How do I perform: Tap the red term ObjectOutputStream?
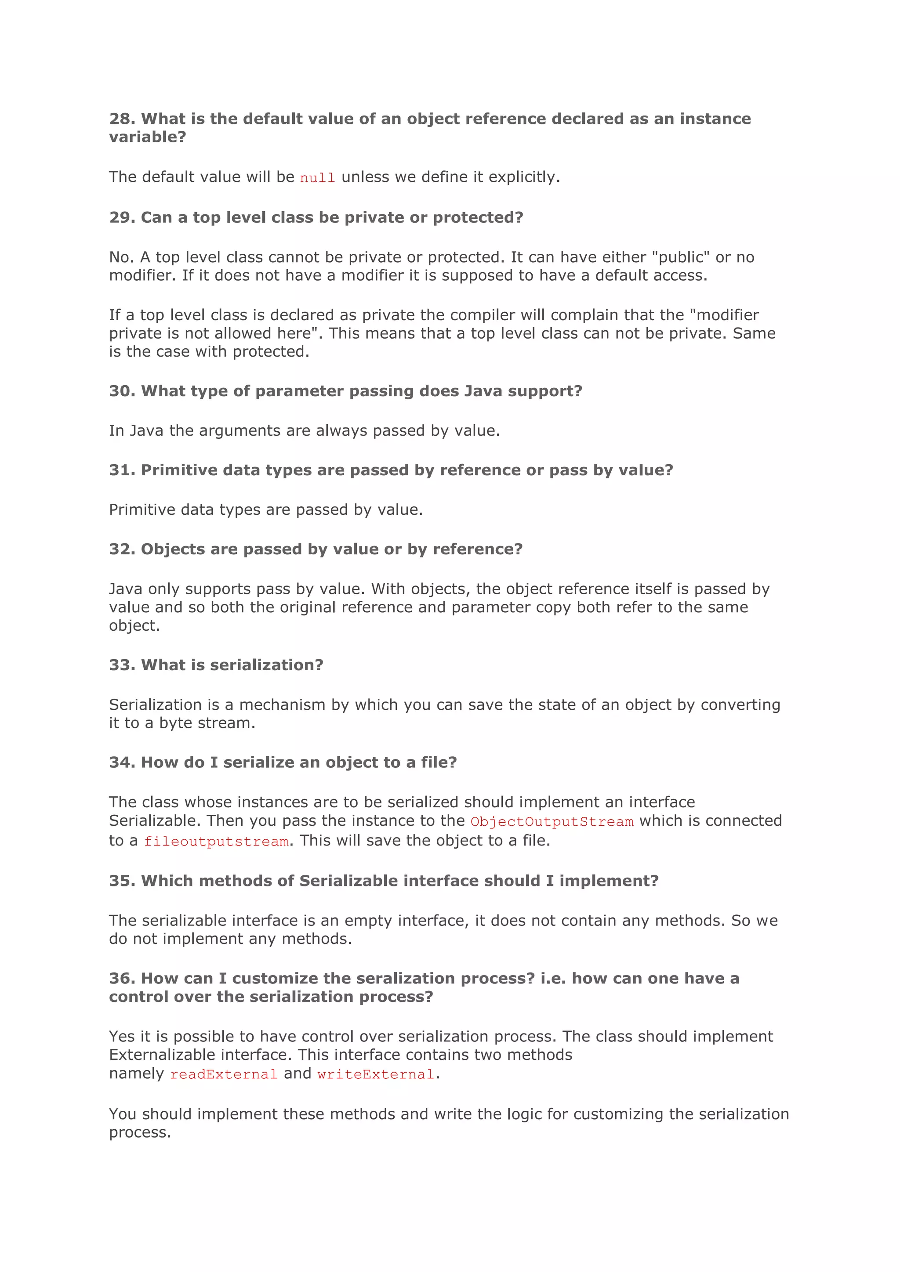coord(552,822)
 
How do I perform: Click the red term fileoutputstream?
coord(216,842)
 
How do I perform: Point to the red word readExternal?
coord(223,1074)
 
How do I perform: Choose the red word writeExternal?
coord(376,1074)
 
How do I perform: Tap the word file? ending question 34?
coord(439,762)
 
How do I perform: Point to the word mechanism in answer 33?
coord(282,705)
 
